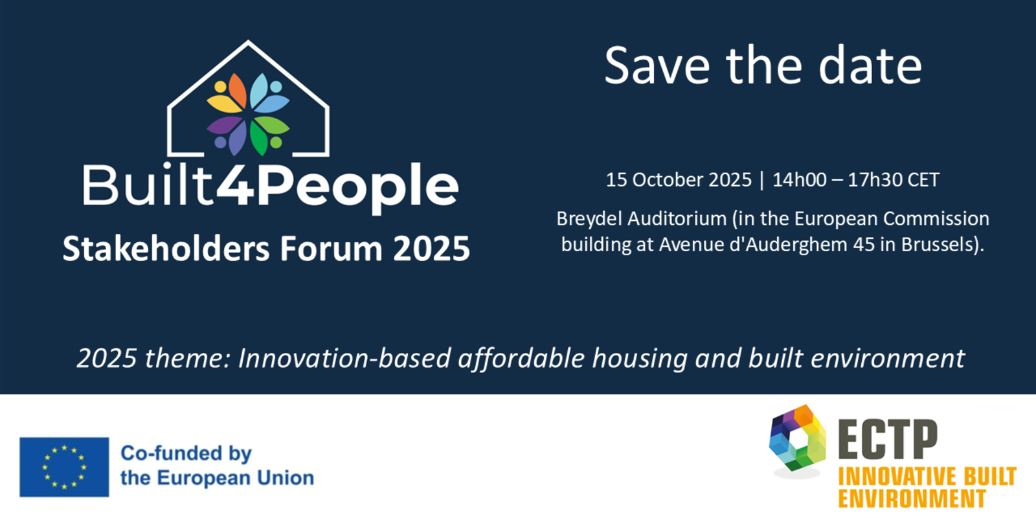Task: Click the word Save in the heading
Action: [657, 65]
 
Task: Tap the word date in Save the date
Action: [870, 65]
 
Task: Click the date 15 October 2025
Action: [679, 179]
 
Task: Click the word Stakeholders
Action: [166, 249]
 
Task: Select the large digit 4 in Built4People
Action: [236, 185]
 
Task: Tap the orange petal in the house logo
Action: [238, 91]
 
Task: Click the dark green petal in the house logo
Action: [258, 138]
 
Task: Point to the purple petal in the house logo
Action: [225, 126]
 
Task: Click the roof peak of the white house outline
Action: [248, 42]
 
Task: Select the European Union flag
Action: [64, 467]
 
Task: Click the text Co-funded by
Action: [186, 454]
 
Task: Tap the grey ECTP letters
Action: [888, 440]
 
